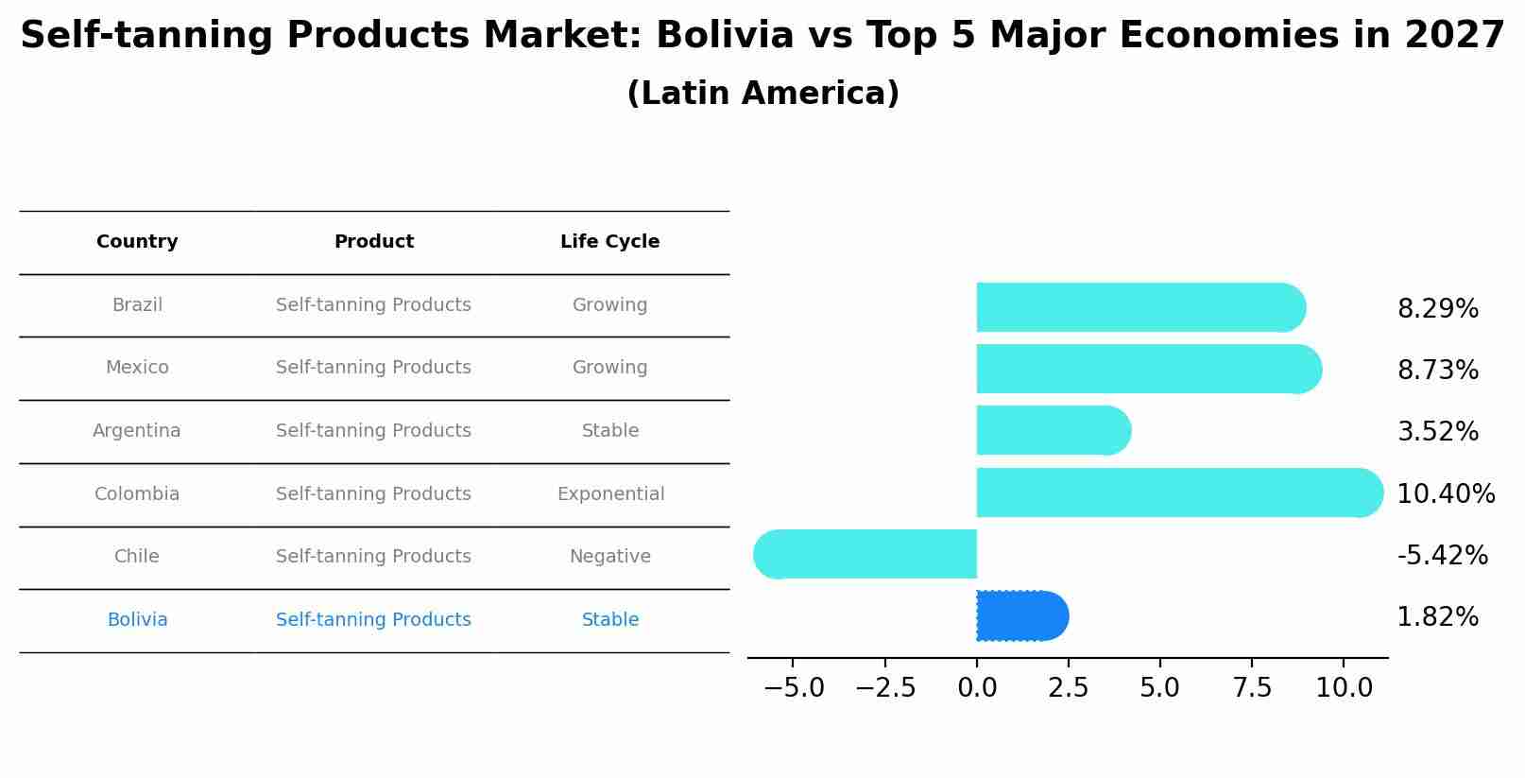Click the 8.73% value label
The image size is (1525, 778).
point(1437,371)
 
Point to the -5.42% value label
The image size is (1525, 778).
point(1442,555)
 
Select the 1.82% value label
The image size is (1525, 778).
point(1437,617)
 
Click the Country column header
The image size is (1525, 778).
point(137,242)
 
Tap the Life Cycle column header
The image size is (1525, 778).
point(609,242)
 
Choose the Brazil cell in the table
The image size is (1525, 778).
point(137,305)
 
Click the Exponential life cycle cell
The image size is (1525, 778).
point(610,494)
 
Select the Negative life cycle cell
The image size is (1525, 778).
point(609,557)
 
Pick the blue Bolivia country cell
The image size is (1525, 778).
point(137,620)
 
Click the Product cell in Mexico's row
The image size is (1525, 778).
point(373,368)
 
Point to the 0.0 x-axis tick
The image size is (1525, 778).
point(977,688)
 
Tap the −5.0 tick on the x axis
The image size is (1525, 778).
point(794,688)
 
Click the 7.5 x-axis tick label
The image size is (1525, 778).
point(1252,688)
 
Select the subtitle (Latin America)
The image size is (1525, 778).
point(762,94)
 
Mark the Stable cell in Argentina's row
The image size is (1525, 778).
point(609,431)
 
